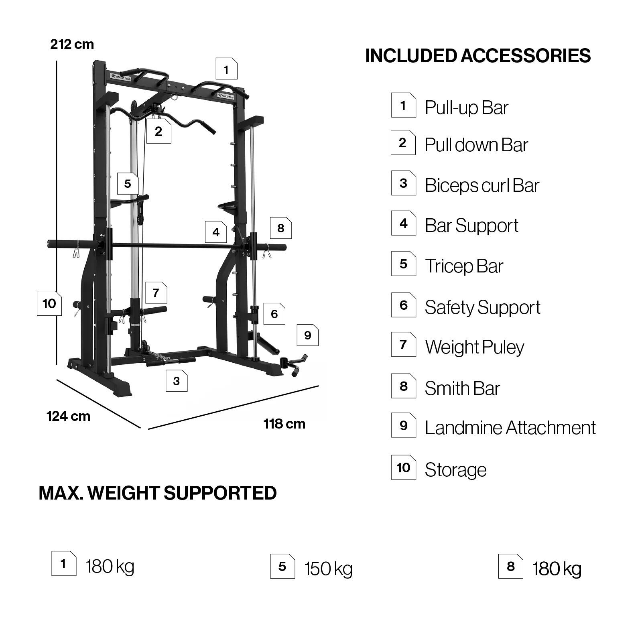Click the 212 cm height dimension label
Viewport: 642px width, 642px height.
pyautogui.click(x=72, y=44)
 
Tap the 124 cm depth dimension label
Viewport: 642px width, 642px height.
pyautogui.click(x=69, y=416)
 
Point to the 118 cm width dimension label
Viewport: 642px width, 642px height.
pyautogui.click(x=284, y=424)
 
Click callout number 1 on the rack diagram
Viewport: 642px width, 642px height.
pyautogui.click(x=226, y=69)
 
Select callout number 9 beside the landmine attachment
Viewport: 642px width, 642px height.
pyautogui.click(x=308, y=335)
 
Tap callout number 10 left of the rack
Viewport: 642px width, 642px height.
pyautogui.click(x=49, y=303)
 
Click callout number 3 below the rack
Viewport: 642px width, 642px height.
pyautogui.click(x=177, y=381)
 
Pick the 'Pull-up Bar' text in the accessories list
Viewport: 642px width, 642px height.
pyautogui.click(x=467, y=108)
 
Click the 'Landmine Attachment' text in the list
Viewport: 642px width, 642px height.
pyautogui.click(x=510, y=428)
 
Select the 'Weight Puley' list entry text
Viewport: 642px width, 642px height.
pyautogui.click(x=474, y=347)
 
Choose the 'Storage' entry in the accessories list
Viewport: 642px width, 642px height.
pyautogui.click(x=455, y=470)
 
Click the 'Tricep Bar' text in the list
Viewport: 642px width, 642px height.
pyautogui.click(x=464, y=266)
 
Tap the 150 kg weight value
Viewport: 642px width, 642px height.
pyautogui.click(x=328, y=569)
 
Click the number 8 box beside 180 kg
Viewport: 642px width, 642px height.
pyautogui.click(x=510, y=566)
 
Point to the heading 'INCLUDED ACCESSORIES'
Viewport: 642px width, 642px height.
pyautogui.click(x=478, y=56)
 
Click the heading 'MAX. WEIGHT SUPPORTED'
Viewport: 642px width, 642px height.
pyautogui.click(x=158, y=493)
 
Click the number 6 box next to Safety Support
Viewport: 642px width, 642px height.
pyautogui.click(x=404, y=305)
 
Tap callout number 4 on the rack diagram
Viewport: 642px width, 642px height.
pyautogui.click(x=216, y=232)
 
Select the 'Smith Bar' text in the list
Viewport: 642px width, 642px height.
pyautogui.click(x=462, y=388)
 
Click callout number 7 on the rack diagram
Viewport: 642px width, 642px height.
pyautogui.click(x=156, y=293)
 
